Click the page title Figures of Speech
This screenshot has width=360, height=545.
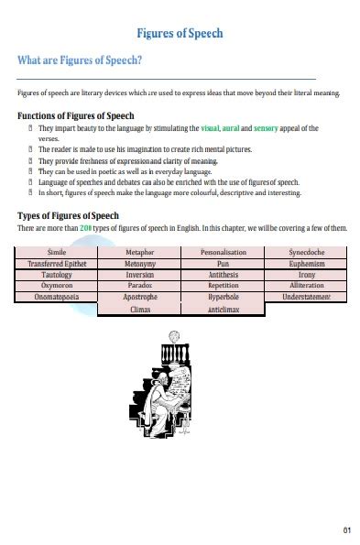click(x=180, y=34)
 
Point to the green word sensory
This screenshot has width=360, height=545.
click(x=266, y=129)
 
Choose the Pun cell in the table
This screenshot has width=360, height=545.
click(x=223, y=263)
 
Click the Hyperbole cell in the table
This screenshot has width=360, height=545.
click(x=223, y=298)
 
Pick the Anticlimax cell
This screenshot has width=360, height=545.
click(x=223, y=310)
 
